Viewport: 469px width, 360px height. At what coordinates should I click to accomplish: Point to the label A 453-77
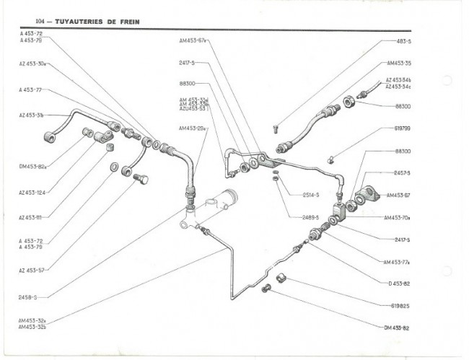tap(30, 90)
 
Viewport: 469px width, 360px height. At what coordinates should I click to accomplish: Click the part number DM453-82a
tap(33, 166)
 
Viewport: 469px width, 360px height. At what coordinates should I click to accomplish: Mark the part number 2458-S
tap(28, 296)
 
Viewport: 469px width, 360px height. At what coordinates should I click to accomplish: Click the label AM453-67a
tap(193, 40)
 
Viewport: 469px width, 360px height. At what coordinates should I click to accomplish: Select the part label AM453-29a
tap(193, 128)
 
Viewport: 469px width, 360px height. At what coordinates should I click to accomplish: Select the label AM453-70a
tap(398, 217)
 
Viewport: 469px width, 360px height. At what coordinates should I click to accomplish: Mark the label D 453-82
tap(398, 284)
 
